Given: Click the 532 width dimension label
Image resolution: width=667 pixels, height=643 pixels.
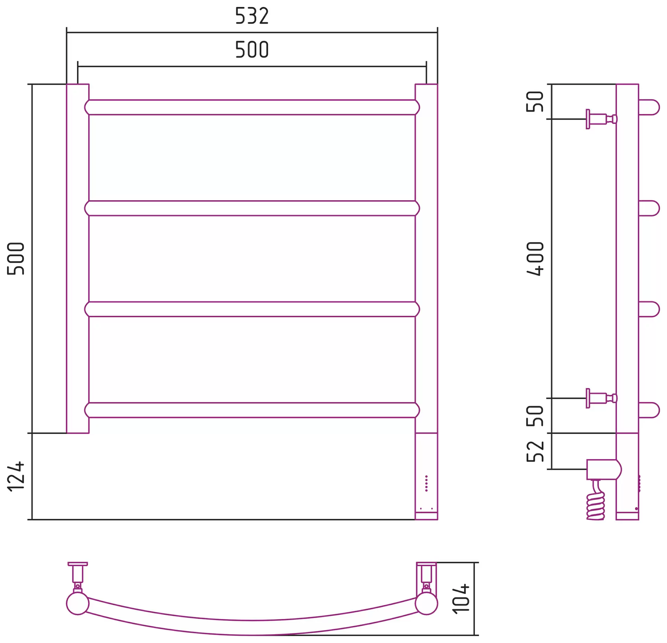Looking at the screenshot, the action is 252,16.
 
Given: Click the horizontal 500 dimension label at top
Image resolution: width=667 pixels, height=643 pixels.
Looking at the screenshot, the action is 252,49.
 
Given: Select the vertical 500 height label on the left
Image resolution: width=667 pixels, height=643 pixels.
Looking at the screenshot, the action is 16,259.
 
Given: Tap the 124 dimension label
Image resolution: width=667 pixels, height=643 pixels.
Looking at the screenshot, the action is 16,476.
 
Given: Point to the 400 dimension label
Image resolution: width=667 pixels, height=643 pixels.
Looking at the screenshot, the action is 535,259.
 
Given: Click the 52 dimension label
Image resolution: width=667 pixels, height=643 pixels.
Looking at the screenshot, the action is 535,451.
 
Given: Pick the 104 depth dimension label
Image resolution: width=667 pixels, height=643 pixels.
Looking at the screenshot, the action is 461,598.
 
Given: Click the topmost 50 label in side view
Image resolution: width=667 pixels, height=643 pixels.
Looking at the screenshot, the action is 535,102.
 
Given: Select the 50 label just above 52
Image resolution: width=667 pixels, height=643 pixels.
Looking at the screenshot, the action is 535,416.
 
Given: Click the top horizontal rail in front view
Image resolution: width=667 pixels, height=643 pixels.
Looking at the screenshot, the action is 252,107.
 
